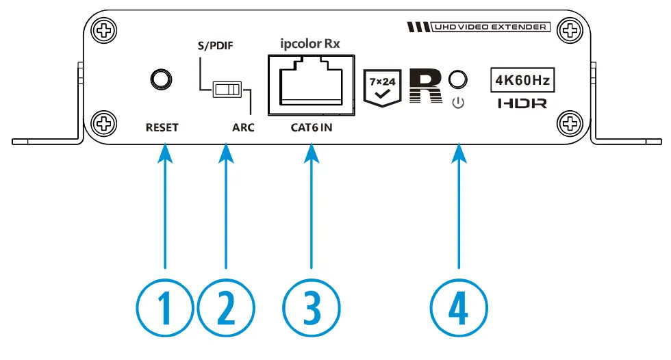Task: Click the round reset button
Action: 162,79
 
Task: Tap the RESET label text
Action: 162,127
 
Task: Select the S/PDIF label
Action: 212,47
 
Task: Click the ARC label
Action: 243,127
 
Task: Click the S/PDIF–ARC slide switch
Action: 227,90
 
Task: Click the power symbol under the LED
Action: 458,104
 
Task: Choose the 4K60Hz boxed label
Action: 522,81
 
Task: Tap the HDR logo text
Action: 522,105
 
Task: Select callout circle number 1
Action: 165,308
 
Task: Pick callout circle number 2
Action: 225,308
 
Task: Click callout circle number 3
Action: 312,308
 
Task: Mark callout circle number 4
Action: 459,308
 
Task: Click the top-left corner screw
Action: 104,30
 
